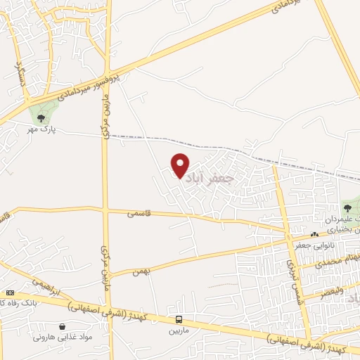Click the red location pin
pos(181,166)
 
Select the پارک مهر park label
pos(46,130)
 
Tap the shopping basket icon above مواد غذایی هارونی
pos(63,326)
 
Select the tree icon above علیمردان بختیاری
pos(347,207)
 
